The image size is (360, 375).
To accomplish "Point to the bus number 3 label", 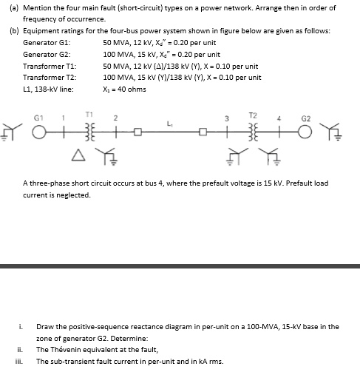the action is [x=228, y=118].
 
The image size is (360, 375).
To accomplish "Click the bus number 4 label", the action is [x=277, y=118].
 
